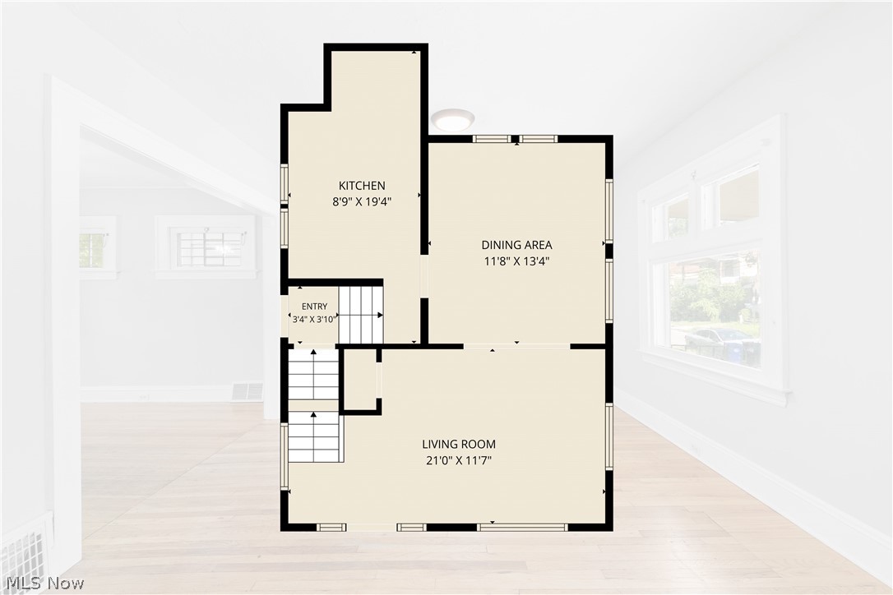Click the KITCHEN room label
362,186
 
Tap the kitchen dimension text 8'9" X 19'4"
362,201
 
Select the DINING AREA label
516,245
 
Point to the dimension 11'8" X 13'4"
516,261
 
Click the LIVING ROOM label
459,444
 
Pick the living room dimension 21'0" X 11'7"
459,460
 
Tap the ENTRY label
314,307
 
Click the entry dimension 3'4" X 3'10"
314,320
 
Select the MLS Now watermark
45,583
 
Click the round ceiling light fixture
452,119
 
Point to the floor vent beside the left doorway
248,392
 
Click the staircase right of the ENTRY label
361,315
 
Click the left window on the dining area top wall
492,138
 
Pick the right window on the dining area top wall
538,138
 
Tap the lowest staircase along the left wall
314,437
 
